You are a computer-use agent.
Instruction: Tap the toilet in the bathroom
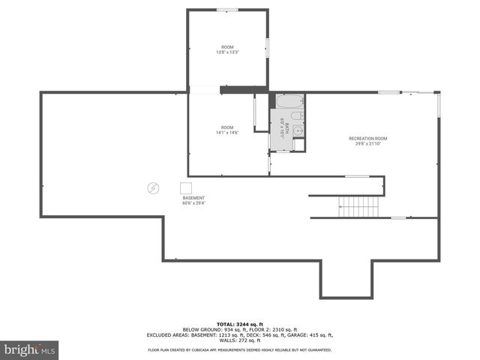(x=296, y=116)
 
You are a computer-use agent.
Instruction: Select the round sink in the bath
(x=298, y=130)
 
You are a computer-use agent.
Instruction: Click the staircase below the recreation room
(x=358, y=207)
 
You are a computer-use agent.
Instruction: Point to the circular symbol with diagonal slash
(x=152, y=187)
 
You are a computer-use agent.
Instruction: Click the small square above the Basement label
(x=186, y=187)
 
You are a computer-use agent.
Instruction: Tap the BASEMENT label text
(x=192, y=198)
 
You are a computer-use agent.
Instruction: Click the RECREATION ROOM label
(x=367, y=139)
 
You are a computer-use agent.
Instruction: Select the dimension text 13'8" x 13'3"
(x=227, y=52)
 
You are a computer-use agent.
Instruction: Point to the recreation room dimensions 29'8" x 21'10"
(x=367, y=144)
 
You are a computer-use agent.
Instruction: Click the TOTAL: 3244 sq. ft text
(x=240, y=323)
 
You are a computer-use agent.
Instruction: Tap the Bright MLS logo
(x=30, y=349)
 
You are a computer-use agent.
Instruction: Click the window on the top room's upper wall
(x=227, y=10)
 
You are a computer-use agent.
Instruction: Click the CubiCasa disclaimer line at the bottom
(x=240, y=349)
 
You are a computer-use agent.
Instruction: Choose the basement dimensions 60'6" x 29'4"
(x=192, y=203)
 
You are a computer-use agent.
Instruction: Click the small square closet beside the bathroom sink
(x=298, y=145)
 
